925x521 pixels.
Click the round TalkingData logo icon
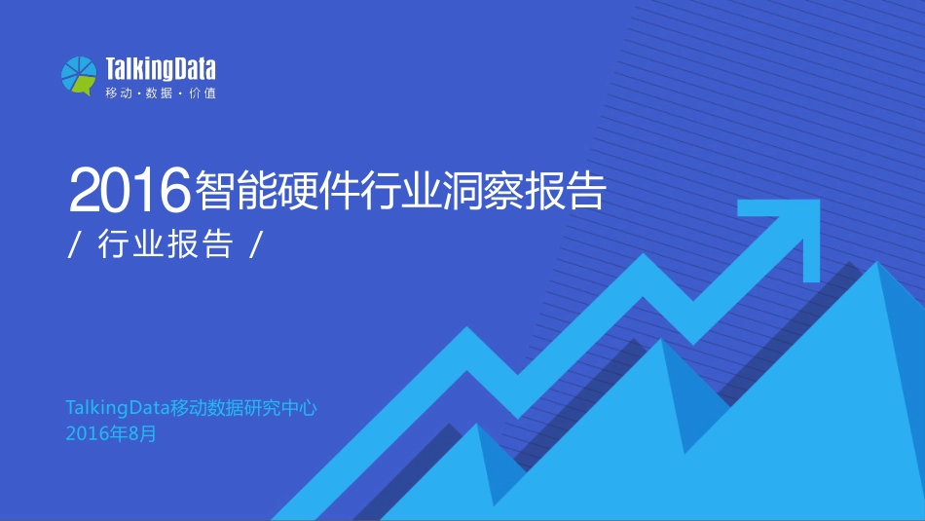(79, 75)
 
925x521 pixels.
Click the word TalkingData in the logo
(161, 68)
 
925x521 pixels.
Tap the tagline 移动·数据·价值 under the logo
(161, 93)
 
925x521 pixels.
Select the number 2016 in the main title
(128, 189)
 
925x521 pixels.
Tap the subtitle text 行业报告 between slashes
(166, 243)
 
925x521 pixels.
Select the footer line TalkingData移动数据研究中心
(191, 408)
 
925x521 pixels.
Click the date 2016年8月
(111, 433)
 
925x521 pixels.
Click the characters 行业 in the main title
(400, 189)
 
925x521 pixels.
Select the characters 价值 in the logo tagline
(203, 93)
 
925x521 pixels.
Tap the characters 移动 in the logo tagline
(118, 93)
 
